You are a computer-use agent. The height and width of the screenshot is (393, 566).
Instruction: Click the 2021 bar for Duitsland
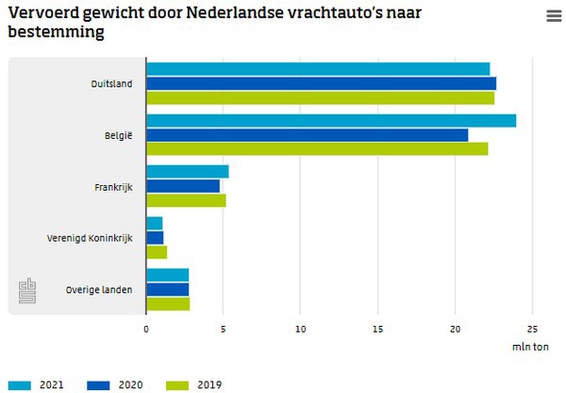(x=318, y=69)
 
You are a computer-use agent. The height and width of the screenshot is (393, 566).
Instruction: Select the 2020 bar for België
(x=307, y=135)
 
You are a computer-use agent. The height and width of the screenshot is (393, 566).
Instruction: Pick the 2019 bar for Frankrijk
(x=186, y=200)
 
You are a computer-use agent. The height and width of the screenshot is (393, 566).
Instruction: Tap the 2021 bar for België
(x=331, y=121)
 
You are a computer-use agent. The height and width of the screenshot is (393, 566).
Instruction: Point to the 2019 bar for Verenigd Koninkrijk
(x=157, y=252)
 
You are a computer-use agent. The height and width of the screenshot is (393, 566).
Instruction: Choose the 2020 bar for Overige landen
(x=168, y=289)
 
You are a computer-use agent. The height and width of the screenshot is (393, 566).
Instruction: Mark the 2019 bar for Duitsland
(x=320, y=97)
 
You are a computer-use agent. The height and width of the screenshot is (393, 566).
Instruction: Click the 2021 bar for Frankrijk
(x=188, y=172)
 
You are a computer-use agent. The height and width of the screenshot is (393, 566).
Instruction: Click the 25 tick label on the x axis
(x=532, y=329)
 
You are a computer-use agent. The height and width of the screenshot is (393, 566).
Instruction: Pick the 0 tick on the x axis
(x=146, y=329)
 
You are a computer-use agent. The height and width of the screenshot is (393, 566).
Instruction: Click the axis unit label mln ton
(x=529, y=347)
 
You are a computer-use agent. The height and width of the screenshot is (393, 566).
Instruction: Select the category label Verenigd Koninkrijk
(x=91, y=237)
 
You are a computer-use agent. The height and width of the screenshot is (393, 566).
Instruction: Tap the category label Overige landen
(x=99, y=289)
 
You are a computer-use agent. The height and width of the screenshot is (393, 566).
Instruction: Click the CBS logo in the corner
(x=27, y=292)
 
